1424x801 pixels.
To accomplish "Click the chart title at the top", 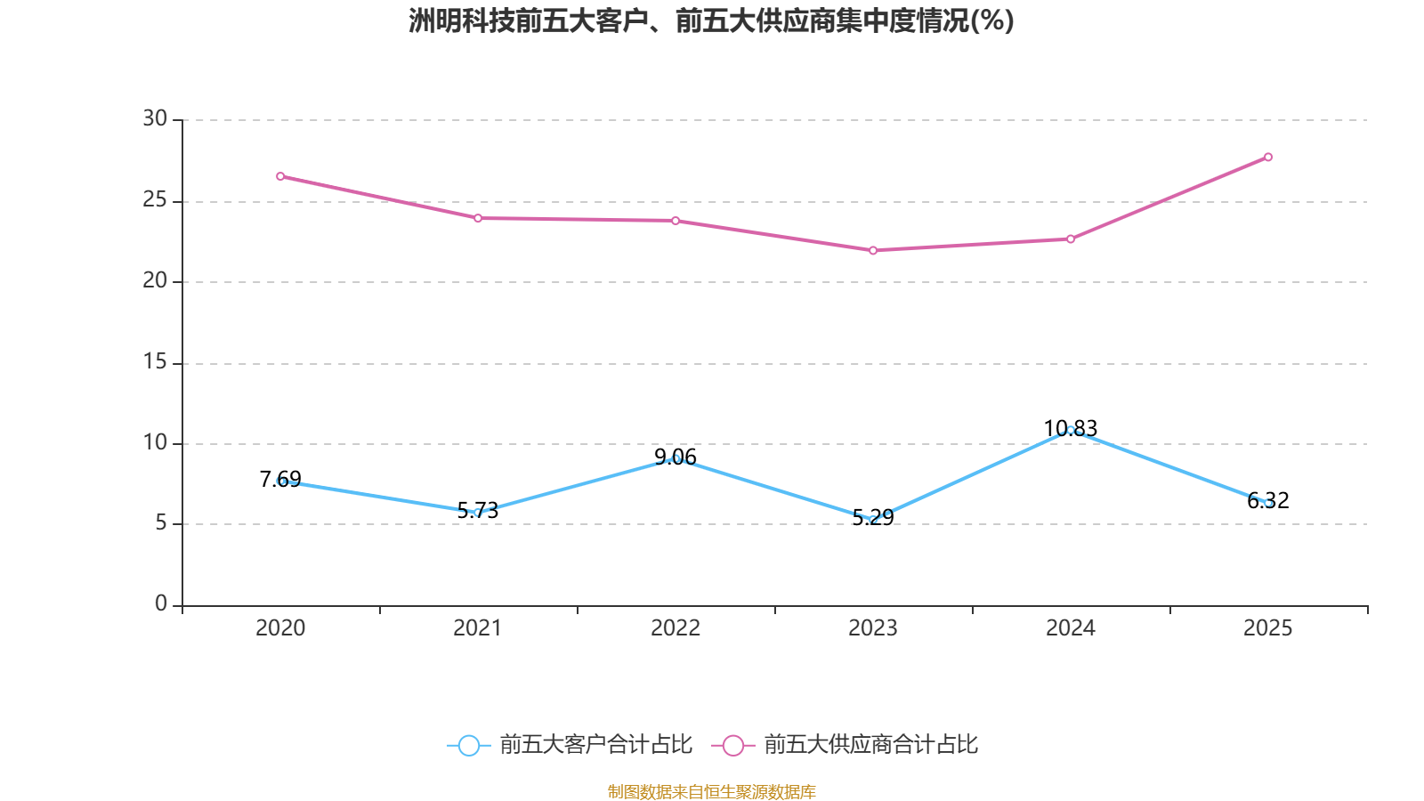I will click(711, 20).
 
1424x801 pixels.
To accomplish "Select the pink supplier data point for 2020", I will click(280, 176).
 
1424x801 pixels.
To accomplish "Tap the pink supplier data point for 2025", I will click(1268, 158).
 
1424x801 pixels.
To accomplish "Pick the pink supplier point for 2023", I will click(873, 251).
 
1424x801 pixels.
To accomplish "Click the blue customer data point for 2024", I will click(1071, 430).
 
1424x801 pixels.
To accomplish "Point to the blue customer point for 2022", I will click(676, 458).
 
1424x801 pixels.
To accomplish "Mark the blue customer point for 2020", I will click(281, 481).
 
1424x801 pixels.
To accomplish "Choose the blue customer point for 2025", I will click(1268, 504).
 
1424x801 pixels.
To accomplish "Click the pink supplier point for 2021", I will click(478, 218).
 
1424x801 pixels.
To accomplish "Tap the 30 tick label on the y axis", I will click(155, 118).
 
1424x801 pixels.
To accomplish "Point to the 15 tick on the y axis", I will click(155, 361).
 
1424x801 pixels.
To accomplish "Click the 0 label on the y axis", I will click(160, 603).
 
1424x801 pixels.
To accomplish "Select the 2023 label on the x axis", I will click(873, 628).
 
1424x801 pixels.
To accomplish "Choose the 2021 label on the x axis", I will click(478, 628).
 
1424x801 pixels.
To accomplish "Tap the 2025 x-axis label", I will click(1267, 628).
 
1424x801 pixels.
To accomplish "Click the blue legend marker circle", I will click(468, 745).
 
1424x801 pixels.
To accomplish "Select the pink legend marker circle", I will click(732, 745).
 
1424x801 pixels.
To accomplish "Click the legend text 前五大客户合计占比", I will click(595, 745).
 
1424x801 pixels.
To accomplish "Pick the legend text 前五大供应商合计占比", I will click(870, 745).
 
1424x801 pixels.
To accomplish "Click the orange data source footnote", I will click(711, 791).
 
